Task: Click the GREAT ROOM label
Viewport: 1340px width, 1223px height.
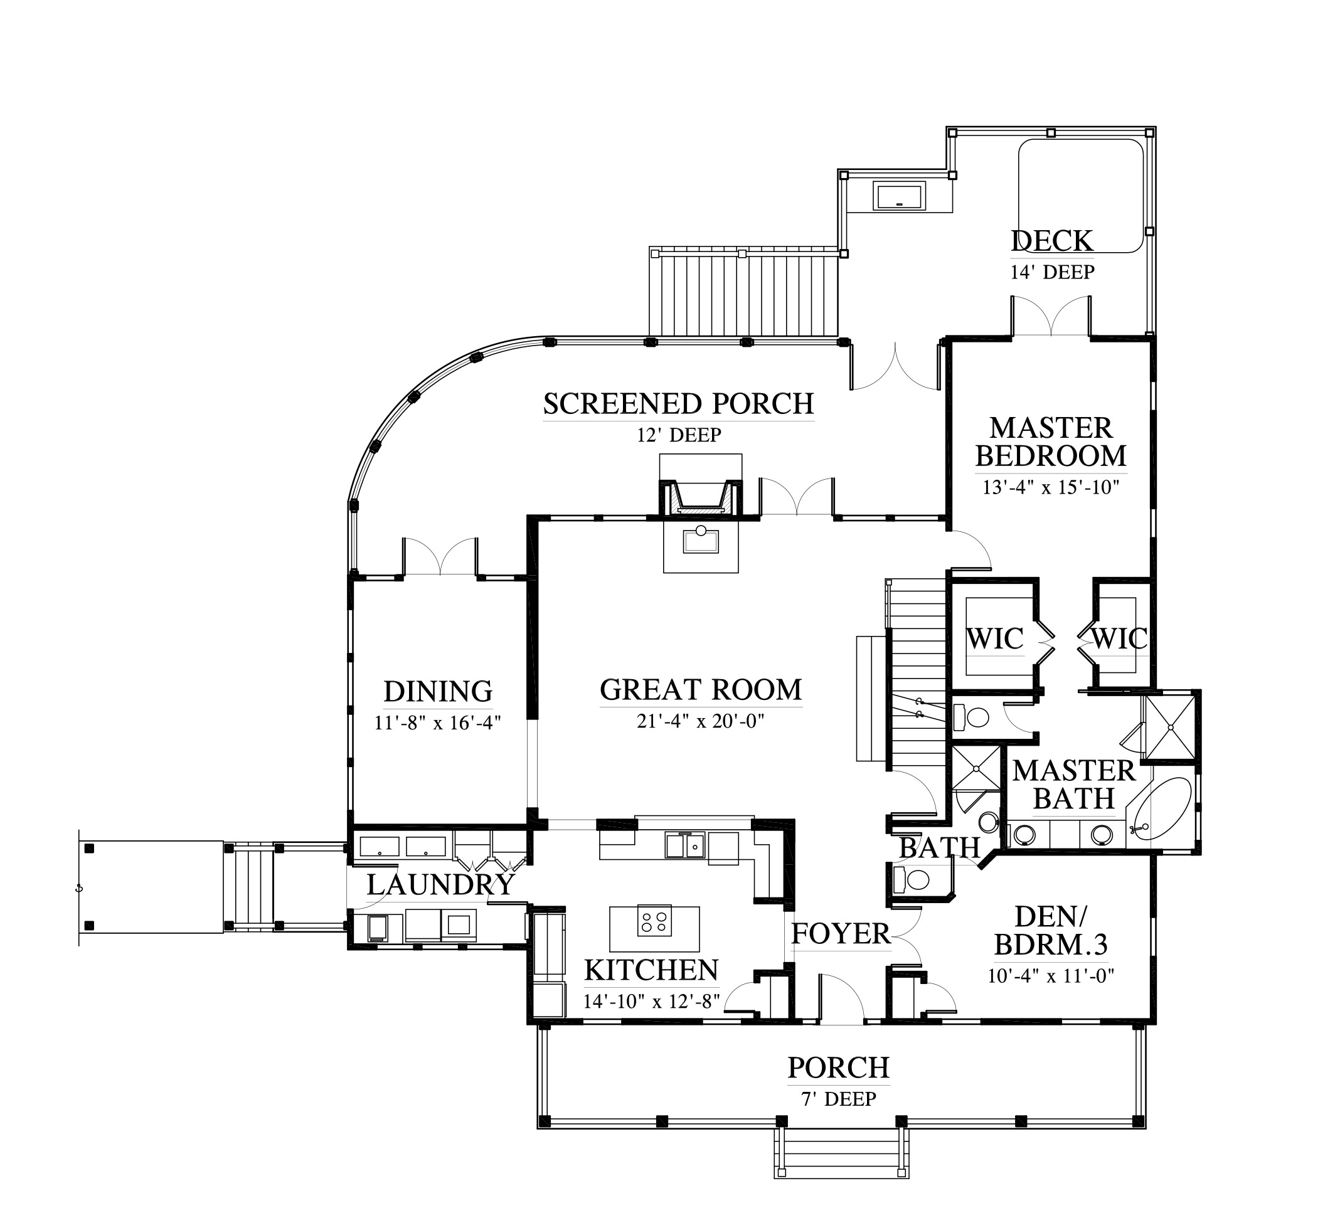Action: click(701, 690)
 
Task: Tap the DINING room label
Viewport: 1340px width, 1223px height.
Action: click(438, 691)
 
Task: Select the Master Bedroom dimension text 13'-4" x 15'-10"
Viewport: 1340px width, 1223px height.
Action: click(1051, 487)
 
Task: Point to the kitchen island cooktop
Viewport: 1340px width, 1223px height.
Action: click(654, 921)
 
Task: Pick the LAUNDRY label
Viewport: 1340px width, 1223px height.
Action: click(440, 885)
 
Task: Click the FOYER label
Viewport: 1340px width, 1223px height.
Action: click(840, 934)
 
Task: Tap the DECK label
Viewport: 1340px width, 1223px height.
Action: click(1052, 241)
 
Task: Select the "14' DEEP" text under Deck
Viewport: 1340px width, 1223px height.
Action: click(1052, 272)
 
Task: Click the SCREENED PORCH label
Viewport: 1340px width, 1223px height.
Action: click(679, 403)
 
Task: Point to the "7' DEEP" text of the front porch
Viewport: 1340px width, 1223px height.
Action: click(839, 1099)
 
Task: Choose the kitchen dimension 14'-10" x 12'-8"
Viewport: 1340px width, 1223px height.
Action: click(652, 1001)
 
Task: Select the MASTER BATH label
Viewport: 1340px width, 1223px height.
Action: click(1074, 785)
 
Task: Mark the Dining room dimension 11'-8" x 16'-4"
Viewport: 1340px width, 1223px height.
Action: click(437, 723)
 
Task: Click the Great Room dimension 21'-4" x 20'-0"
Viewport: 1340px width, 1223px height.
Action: click(701, 721)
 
